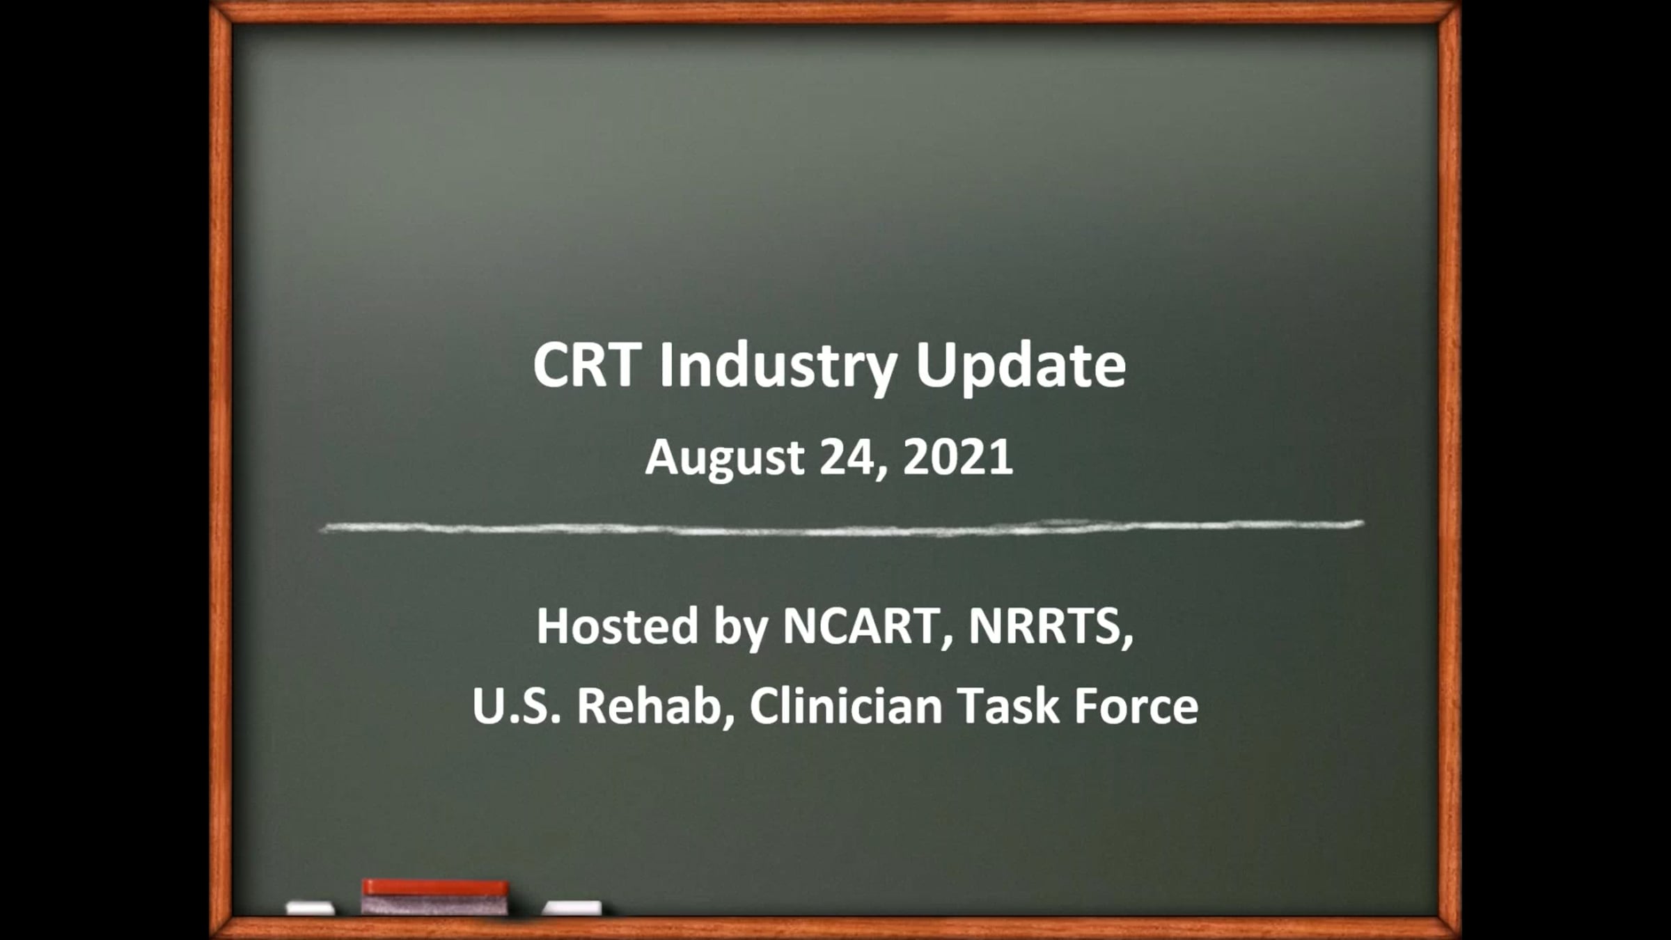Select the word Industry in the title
tap(778, 368)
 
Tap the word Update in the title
tap(1021, 368)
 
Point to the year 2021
tap(958, 457)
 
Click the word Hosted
tap(617, 625)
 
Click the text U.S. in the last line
tap(516, 705)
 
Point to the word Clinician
tap(845, 705)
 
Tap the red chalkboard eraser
tap(435, 897)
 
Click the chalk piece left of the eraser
tap(311, 908)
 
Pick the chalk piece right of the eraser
tap(572, 908)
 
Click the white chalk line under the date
tap(841, 528)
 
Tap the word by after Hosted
tap(740, 628)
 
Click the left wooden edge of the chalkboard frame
tap(221, 470)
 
